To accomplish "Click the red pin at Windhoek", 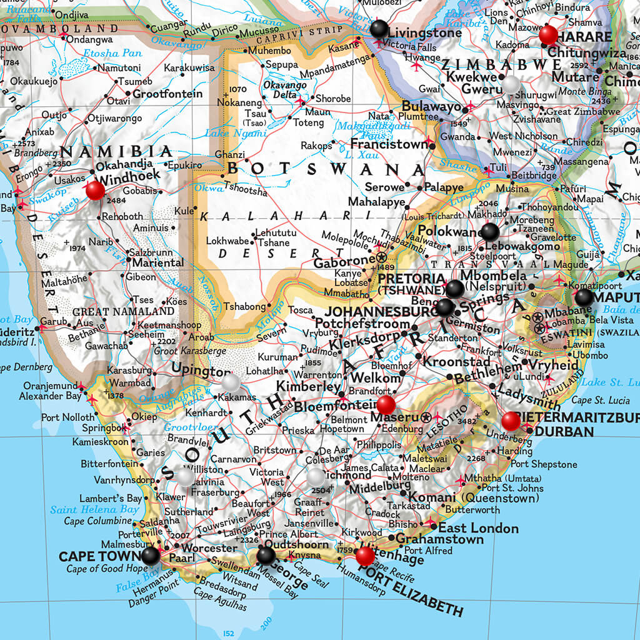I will tap(96, 190).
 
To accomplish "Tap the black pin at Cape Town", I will tap(150, 556).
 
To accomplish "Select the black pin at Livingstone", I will tap(379, 29).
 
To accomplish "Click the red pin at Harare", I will tap(548, 35).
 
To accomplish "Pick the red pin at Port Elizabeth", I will tap(365, 556).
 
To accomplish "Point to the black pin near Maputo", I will tap(584, 297).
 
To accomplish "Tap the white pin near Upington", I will tap(231, 382).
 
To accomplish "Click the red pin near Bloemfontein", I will tap(386, 404).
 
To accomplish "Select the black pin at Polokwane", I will tap(490, 232).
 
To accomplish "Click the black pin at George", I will tap(266, 555).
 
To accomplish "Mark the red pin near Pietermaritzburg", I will tap(511, 421).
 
